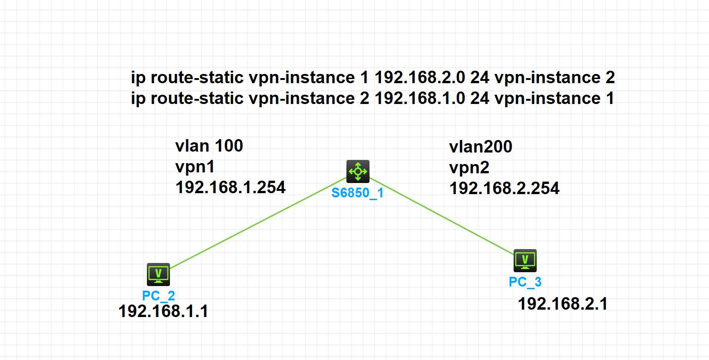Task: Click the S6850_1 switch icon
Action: tap(358, 171)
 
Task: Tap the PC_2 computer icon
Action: tap(158, 275)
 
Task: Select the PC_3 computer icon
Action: tap(525, 261)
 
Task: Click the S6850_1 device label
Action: tap(358, 193)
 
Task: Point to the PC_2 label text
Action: tap(158, 295)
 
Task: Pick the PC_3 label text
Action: tap(525, 281)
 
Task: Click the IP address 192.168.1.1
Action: tap(163, 311)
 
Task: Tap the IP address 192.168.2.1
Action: tap(563, 304)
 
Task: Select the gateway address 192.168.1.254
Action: tap(230, 187)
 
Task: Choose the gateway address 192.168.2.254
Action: tap(504, 188)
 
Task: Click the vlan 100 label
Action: tap(209, 146)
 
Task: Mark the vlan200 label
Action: tap(480, 147)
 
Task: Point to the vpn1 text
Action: tap(195, 166)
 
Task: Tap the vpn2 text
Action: tap(469, 167)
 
